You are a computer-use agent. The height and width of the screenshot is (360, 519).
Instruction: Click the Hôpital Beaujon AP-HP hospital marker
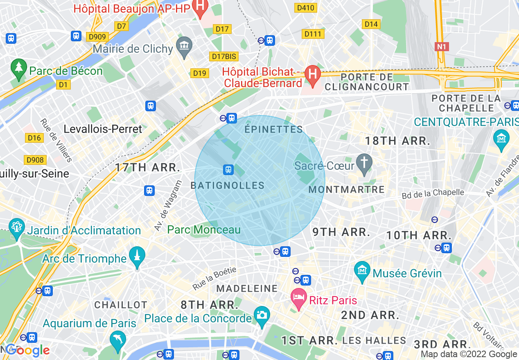[201, 8]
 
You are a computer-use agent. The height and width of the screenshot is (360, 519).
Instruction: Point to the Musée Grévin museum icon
[362, 270]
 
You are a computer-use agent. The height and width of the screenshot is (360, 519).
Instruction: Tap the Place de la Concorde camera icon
[262, 315]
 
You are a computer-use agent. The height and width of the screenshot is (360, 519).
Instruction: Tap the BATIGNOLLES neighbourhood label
[228, 186]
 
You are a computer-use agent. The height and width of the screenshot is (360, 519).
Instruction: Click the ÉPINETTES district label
[273, 130]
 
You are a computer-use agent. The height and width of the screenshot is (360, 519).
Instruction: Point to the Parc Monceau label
[204, 229]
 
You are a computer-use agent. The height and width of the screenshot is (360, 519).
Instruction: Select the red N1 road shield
[441, 47]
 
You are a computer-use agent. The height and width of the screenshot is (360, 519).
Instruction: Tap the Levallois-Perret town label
[103, 129]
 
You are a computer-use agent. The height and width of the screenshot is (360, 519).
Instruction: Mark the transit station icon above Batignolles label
[228, 169]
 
